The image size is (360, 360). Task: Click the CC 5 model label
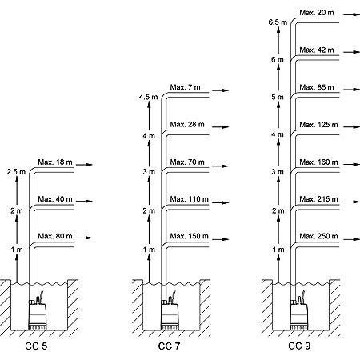click(36, 346)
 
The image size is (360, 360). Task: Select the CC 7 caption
click(169, 346)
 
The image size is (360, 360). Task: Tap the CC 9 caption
click(299, 346)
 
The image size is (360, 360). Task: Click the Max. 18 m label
click(55, 162)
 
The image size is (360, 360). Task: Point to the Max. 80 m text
click(55, 236)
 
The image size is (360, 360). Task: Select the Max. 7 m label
click(185, 87)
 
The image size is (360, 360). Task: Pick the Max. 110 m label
click(189, 199)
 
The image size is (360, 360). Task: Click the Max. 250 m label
click(318, 236)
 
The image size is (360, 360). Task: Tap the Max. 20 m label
click(317, 13)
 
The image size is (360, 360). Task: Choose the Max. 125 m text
click(318, 125)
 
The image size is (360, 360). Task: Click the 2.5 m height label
click(16, 172)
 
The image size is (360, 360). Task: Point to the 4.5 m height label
click(148, 97)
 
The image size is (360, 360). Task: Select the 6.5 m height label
click(278, 22)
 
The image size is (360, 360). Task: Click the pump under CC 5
click(38, 314)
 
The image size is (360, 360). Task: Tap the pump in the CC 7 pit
click(170, 314)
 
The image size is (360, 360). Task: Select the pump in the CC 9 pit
click(299, 314)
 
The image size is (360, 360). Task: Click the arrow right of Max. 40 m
click(84, 201)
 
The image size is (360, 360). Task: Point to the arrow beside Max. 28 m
click(221, 127)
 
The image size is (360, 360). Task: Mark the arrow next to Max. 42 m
click(352, 52)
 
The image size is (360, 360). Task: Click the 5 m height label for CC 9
click(278, 97)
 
